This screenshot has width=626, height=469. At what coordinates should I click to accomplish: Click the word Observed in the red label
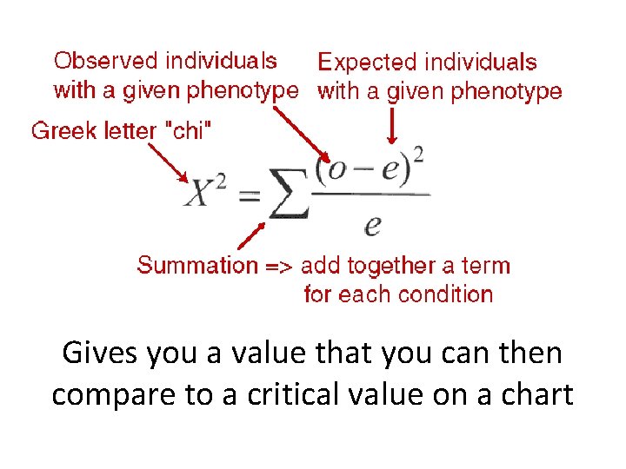107,61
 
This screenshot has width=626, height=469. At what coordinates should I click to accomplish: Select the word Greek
61,131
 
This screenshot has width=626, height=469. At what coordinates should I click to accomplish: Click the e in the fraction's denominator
373,225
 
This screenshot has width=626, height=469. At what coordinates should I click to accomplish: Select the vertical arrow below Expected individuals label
390,126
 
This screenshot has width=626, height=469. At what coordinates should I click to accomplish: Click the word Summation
196,266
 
